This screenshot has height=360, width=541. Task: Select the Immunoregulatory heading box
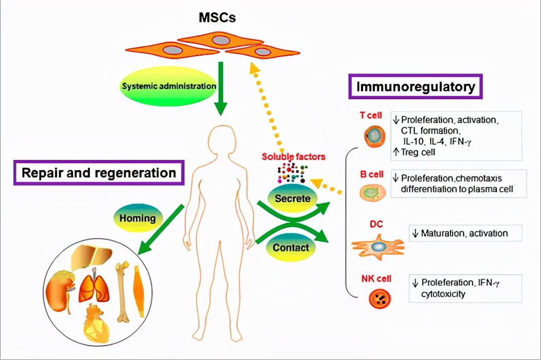coord(417,87)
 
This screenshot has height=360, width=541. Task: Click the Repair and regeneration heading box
coord(99,173)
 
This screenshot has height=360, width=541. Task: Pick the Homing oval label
coord(137,218)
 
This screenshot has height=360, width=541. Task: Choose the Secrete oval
coord(292,197)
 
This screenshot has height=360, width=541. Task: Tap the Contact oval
coord(291,247)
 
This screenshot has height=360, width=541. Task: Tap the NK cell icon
coord(380,298)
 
